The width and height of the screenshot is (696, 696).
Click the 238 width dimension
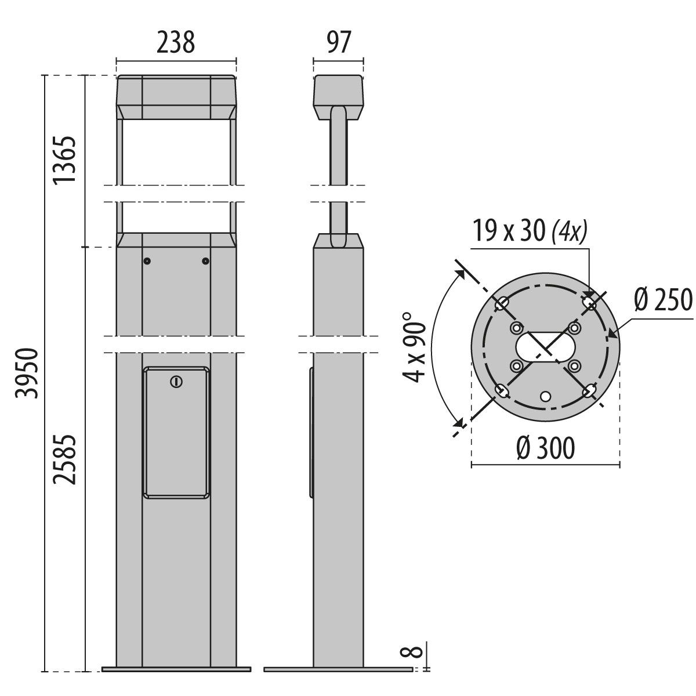point(176,43)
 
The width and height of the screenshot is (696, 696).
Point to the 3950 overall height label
point(27,373)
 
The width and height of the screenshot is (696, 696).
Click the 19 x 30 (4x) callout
point(529,233)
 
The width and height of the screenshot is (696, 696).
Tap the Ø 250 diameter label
point(663,300)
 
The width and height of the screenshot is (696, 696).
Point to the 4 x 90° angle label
point(416,347)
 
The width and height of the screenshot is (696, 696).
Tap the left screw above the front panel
point(147,261)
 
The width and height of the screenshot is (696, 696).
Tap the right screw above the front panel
point(205,261)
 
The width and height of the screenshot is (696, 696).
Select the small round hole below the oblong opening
point(545,396)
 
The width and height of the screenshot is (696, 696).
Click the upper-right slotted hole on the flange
point(589,303)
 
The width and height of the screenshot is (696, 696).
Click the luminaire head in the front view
point(176,97)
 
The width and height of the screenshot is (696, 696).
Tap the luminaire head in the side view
point(338,96)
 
